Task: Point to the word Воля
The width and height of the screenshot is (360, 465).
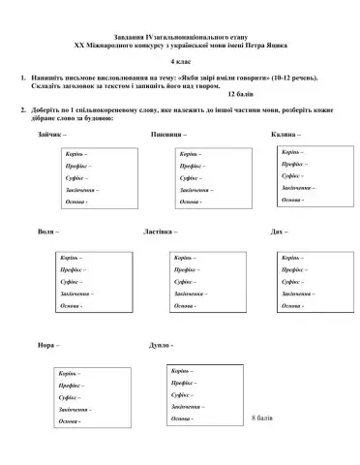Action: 45,233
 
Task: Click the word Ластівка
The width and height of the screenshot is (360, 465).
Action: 160,233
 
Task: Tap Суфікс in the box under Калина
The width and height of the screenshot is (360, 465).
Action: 292,176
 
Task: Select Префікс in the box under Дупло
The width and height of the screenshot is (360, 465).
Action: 186,383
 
